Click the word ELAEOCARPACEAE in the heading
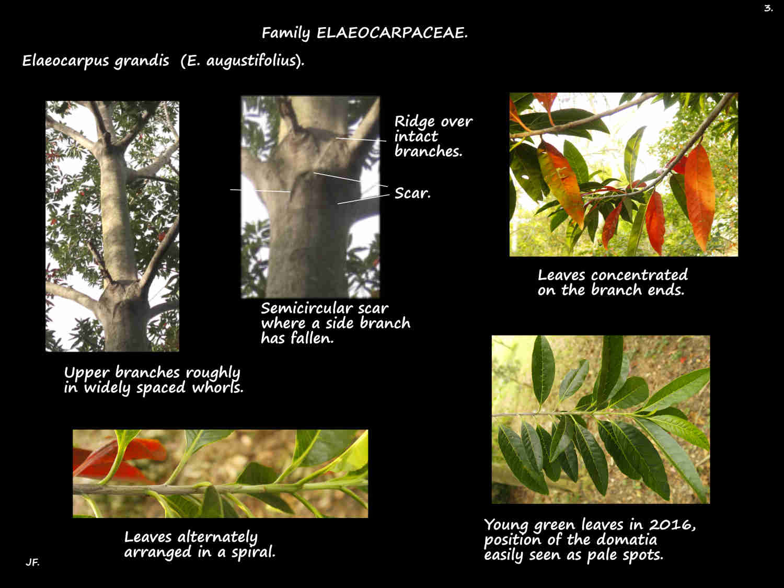click(392, 33)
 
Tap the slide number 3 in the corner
click(768, 8)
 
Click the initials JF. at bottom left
click(32, 563)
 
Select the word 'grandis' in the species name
click(142, 61)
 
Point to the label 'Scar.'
click(412, 193)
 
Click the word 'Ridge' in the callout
click(414, 121)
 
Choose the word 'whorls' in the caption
click(218, 388)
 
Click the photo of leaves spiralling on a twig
click(220, 474)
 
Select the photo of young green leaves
click(601, 419)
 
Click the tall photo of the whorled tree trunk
click(112, 226)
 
